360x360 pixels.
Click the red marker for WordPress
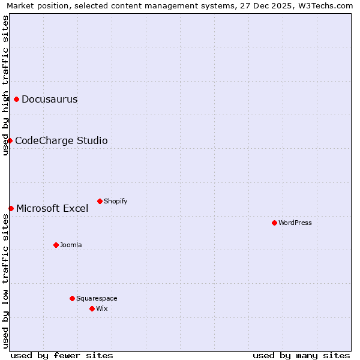[274, 223]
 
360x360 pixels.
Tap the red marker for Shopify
[100, 201]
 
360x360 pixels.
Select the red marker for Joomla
[56, 245]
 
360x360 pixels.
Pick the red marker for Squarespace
[72, 298]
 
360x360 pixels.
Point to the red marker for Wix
[92, 308]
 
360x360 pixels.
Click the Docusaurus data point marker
[16, 99]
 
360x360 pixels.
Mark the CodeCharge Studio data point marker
[10, 140]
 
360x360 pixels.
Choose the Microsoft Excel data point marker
[11, 208]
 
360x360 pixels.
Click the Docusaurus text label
[50, 100]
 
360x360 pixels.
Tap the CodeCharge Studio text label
[61, 141]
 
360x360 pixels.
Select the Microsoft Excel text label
[52, 209]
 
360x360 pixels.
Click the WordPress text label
[295, 223]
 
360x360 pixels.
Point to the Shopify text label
[116, 202]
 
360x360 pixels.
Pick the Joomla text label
[71, 245]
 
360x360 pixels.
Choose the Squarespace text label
[97, 299]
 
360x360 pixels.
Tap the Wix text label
[102, 309]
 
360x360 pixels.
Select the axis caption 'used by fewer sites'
[62, 355]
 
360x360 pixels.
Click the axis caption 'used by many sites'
[301, 355]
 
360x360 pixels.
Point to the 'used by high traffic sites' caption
[6, 85]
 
